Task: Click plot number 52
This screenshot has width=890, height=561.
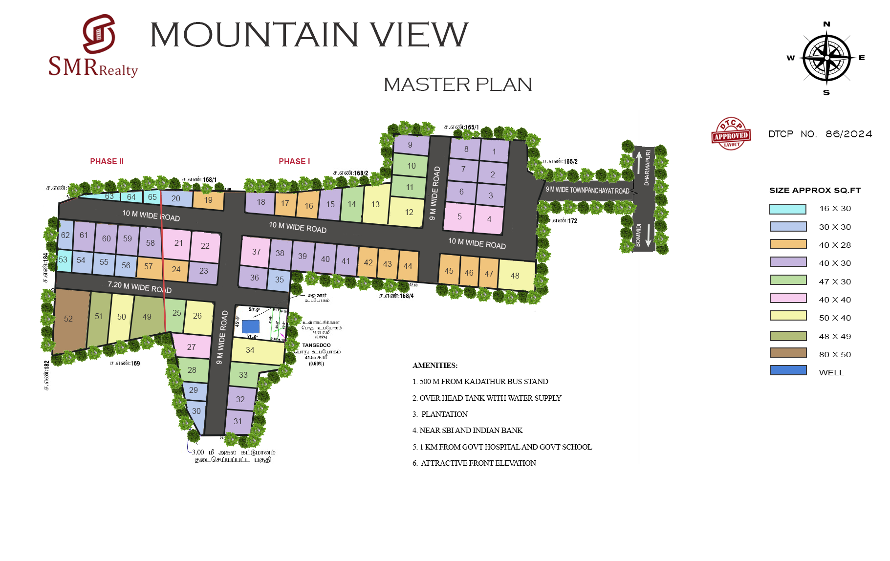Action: (x=68, y=319)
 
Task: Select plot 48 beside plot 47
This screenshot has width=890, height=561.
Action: (x=515, y=276)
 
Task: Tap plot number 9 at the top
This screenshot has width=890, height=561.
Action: (x=410, y=145)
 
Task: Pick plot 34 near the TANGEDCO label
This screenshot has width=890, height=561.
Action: (x=250, y=350)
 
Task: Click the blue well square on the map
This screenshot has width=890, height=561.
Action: (x=250, y=326)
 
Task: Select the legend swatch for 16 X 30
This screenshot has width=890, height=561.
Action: (x=787, y=209)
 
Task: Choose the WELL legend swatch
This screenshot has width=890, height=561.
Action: (x=787, y=371)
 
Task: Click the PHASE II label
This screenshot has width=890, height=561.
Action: (x=107, y=161)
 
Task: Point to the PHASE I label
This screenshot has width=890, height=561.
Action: (x=294, y=161)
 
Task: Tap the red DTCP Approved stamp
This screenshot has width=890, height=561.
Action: (x=731, y=134)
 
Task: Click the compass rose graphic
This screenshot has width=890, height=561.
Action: (x=826, y=58)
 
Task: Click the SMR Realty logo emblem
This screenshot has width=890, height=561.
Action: (x=99, y=34)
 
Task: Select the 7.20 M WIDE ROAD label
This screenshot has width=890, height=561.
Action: (x=139, y=286)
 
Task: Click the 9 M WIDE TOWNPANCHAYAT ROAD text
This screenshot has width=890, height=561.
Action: (x=587, y=190)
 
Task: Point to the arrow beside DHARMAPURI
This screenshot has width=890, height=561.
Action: (x=638, y=162)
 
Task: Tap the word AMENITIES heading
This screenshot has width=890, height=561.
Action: (x=434, y=365)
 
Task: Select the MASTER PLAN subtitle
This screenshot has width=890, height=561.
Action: (x=457, y=85)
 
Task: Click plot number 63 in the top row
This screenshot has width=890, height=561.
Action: (x=109, y=196)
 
